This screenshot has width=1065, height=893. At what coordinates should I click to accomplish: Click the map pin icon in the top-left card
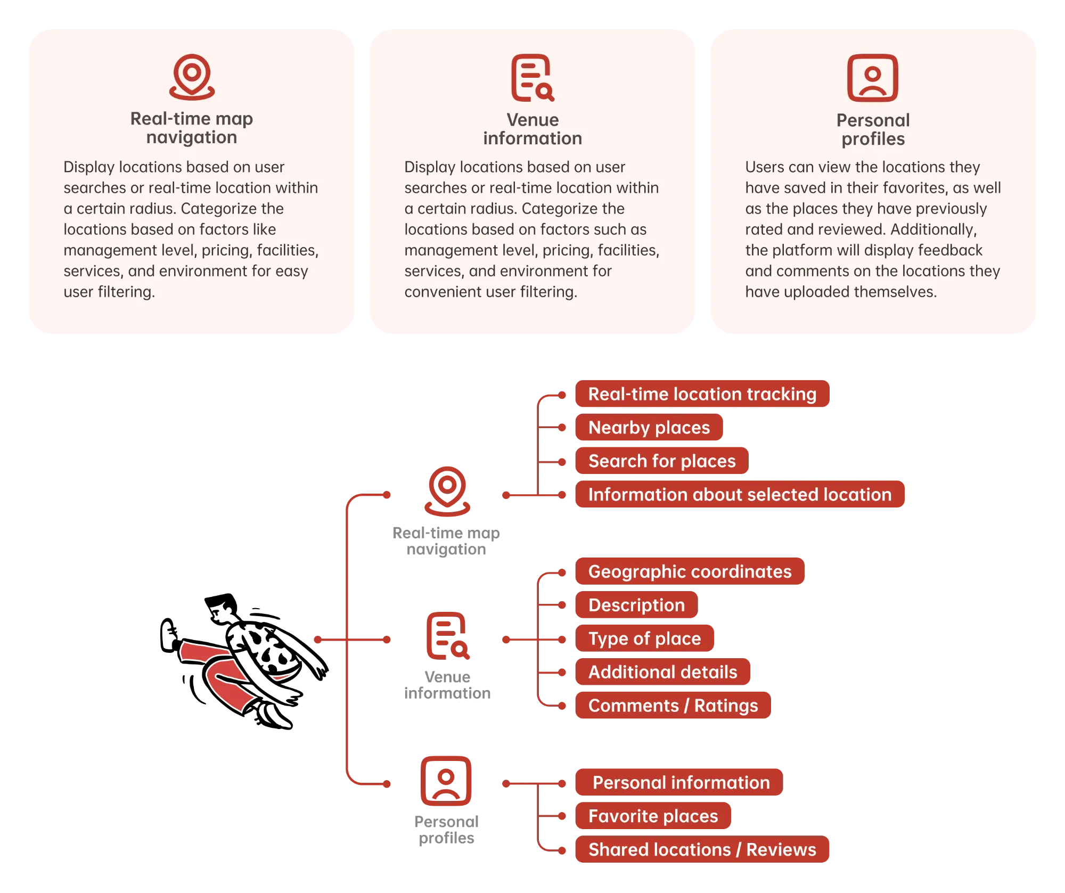(x=192, y=77)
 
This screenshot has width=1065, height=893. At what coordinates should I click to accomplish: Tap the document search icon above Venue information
(x=532, y=78)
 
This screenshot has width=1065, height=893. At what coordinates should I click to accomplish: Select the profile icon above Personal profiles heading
(x=872, y=78)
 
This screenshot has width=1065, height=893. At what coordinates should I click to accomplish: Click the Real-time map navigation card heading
(x=192, y=128)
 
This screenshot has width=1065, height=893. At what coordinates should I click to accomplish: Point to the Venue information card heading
(x=532, y=129)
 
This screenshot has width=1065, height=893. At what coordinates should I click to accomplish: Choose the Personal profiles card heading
(x=873, y=129)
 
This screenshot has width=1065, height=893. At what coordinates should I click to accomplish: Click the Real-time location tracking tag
(x=702, y=394)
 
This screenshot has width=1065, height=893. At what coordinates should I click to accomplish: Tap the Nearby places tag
(x=649, y=428)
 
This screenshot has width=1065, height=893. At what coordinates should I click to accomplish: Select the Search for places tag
(x=661, y=461)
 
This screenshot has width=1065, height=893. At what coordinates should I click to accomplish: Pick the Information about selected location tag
(x=740, y=495)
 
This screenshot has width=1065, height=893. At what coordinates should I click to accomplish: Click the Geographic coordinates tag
(x=690, y=572)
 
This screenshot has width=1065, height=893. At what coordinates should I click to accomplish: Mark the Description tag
(x=636, y=605)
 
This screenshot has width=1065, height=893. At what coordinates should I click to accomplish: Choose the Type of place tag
(x=644, y=639)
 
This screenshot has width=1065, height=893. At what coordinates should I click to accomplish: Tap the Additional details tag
(x=662, y=673)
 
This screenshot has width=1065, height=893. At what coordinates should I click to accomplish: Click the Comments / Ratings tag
(x=673, y=706)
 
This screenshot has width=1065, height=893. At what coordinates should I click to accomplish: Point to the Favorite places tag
(x=653, y=816)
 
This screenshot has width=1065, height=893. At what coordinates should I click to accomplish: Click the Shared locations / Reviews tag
(x=702, y=850)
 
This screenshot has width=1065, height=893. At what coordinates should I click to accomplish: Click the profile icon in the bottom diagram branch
(x=446, y=781)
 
